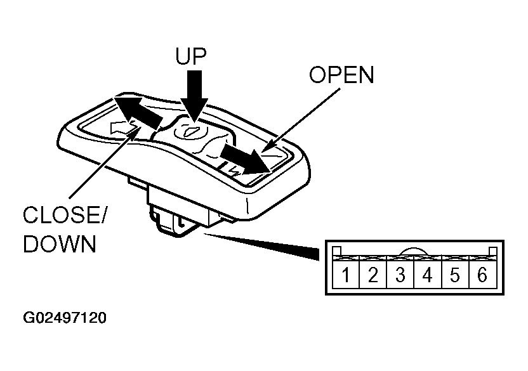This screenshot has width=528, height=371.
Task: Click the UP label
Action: [191, 56]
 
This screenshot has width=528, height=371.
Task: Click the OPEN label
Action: [341, 74]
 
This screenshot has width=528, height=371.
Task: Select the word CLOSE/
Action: [64, 214]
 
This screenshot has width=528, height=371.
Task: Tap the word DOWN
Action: [60, 244]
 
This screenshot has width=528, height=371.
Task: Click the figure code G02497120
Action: [65, 318]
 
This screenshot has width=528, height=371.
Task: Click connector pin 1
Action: [345, 275]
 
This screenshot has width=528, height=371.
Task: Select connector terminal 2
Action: [373, 275]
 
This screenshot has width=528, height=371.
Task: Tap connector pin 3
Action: [400, 275]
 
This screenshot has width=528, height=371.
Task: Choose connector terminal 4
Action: [427, 275]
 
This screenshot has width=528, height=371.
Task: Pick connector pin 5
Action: [455, 275]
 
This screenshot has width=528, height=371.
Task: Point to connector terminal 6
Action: [482, 275]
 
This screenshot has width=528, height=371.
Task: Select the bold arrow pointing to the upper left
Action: [138, 112]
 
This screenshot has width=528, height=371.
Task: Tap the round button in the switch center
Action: [191, 131]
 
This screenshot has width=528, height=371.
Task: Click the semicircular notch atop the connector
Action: [414, 251]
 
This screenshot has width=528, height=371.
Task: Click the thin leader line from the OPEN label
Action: [301, 119]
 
